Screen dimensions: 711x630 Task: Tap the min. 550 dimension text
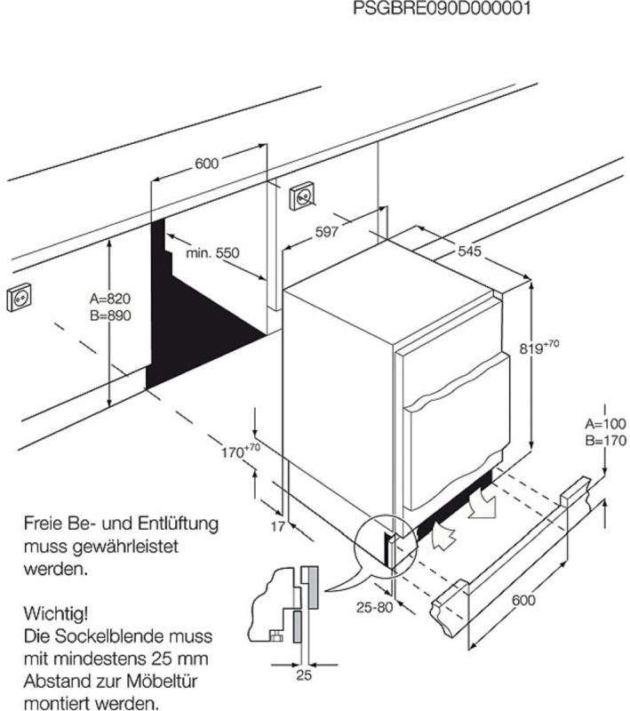(x=212, y=253)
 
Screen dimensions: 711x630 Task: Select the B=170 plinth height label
(x=605, y=439)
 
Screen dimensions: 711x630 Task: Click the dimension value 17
(x=277, y=527)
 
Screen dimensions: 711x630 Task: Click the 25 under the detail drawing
(x=304, y=676)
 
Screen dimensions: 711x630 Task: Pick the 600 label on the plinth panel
(x=523, y=600)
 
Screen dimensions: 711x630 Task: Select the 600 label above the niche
(x=206, y=164)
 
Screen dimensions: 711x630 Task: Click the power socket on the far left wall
(x=19, y=300)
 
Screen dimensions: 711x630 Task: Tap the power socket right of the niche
(x=302, y=195)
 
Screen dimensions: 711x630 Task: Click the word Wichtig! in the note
(x=55, y=613)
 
